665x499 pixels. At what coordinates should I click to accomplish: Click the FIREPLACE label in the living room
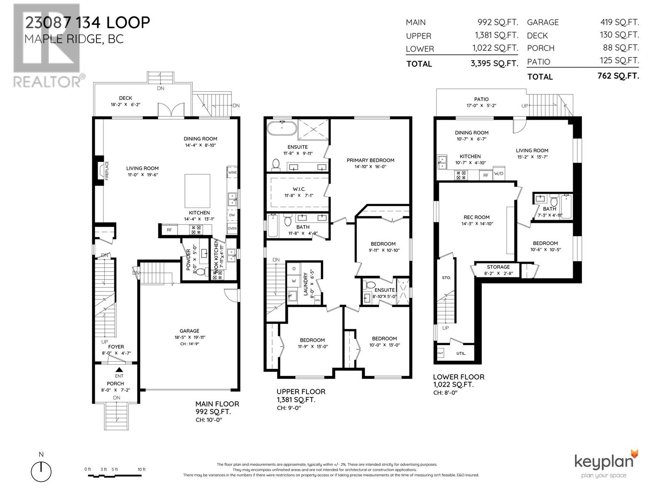pos(106,170)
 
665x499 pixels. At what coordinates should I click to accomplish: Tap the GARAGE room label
pos(189,331)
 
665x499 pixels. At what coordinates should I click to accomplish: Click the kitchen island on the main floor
pos(197,191)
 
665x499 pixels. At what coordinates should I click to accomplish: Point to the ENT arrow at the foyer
pos(119,370)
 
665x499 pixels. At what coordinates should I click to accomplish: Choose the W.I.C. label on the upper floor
pos(298,189)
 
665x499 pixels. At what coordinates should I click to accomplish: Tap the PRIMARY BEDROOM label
pos(370,160)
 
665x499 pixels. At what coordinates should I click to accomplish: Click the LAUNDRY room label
pos(305,284)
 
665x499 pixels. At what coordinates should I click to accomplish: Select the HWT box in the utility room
pos(440,353)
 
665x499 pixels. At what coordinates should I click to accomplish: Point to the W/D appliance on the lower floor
pos(498,173)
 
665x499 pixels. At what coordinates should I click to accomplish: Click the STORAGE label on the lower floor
pos(498,267)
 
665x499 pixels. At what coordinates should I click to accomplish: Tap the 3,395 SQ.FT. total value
pos(495,64)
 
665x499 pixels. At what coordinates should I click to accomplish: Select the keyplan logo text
pos(606,462)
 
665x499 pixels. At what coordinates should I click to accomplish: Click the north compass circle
pos(41,472)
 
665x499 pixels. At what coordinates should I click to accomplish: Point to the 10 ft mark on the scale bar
pos(142,469)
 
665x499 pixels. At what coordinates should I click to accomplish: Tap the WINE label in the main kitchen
pos(232,172)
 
